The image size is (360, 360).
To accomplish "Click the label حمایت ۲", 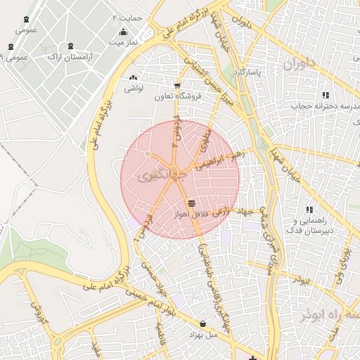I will pyautogui.click(x=127, y=16).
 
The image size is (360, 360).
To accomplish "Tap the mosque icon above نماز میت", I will pyautogui.click(x=124, y=32).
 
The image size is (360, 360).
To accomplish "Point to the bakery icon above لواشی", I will pyautogui.click(x=133, y=77).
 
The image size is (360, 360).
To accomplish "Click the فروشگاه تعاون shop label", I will pyautogui.click(x=177, y=96).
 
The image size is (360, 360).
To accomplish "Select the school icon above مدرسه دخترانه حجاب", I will pyautogui.click(x=325, y=95).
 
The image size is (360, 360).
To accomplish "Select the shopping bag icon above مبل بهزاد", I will pyautogui.click(x=203, y=324).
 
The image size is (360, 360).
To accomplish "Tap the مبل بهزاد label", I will pyautogui.click(x=204, y=335).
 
